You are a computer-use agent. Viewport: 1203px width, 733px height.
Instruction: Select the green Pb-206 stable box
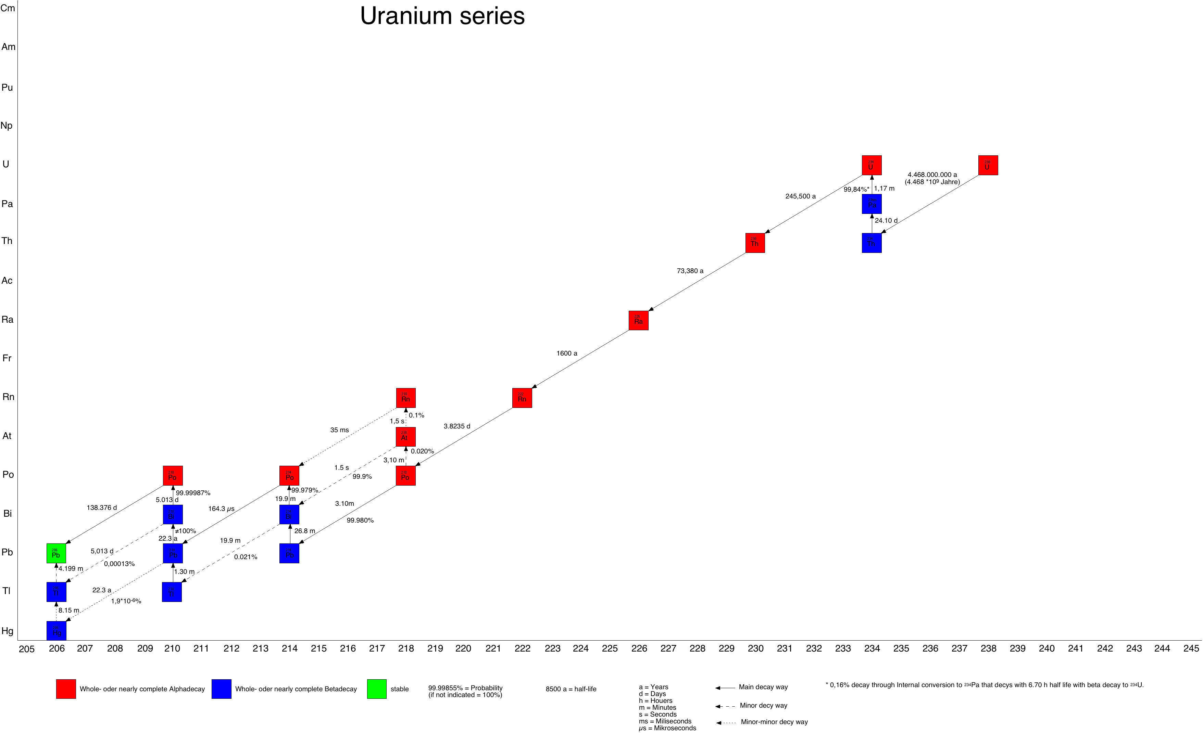click(x=56, y=553)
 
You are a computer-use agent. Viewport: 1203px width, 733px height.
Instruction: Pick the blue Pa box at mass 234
click(x=872, y=204)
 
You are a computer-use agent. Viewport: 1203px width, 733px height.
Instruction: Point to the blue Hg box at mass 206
click(x=56, y=631)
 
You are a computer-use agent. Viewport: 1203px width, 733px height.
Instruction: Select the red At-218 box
click(x=405, y=436)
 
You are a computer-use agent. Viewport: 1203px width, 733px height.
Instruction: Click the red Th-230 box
click(x=755, y=243)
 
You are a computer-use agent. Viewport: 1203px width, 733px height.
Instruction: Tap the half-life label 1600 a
click(x=566, y=353)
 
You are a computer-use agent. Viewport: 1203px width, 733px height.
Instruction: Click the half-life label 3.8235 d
click(x=456, y=426)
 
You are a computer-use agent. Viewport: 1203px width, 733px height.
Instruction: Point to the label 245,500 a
click(x=800, y=196)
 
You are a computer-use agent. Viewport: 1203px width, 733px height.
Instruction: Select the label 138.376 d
click(x=102, y=507)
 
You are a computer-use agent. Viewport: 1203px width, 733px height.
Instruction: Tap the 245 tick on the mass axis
click(x=1191, y=648)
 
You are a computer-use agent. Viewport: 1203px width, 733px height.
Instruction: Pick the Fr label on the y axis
click(x=7, y=358)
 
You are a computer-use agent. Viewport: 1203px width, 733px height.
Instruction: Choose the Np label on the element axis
click(x=7, y=126)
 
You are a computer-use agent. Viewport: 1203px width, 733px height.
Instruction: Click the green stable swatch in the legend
click(x=376, y=689)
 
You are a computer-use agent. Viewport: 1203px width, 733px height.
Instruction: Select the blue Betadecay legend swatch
click(x=221, y=689)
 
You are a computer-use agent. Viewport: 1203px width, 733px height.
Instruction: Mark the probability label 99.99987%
click(x=193, y=493)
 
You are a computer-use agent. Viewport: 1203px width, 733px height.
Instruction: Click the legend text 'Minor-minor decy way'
click(x=774, y=722)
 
